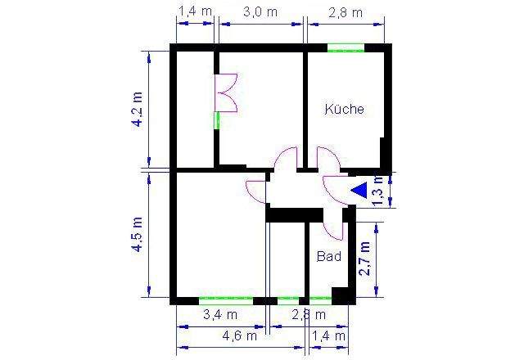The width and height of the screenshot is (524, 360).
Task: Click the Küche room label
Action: (344, 109)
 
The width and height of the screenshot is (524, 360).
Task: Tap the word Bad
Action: (328, 256)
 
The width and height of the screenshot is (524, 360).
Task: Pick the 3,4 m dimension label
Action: (219, 314)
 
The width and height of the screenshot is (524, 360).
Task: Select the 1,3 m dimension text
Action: (377, 191)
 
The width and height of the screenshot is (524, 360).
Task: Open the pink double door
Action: (226, 92)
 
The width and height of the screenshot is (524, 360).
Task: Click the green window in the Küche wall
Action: (346, 49)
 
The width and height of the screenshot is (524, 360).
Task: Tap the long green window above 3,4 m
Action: (225, 299)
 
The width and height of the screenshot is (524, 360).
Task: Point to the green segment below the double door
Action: (217, 121)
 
